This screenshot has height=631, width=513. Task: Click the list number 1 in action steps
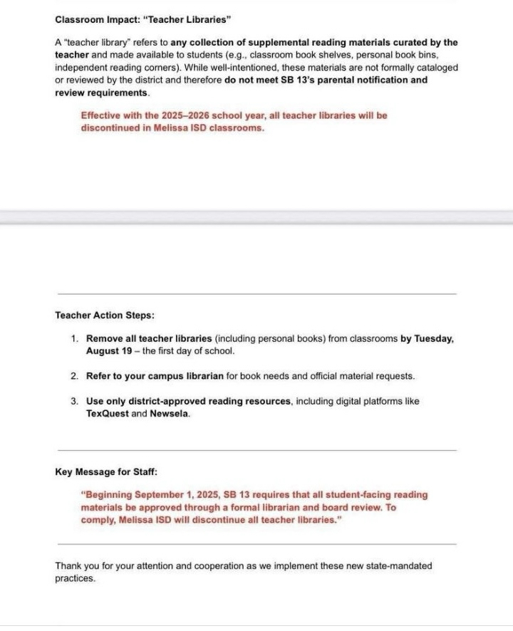click(75, 339)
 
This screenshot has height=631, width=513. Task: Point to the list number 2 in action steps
click(75, 375)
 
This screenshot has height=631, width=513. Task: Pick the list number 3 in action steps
click(75, 401)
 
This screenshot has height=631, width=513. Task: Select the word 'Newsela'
click(170, 414)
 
